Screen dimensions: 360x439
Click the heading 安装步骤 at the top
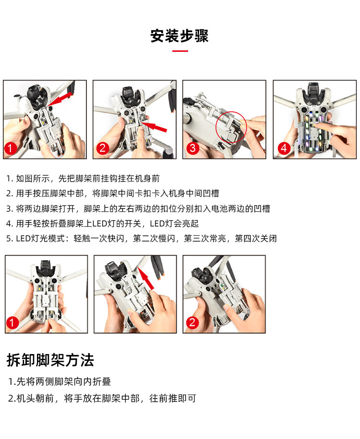point(180,36)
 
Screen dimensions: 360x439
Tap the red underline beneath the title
point(180,51)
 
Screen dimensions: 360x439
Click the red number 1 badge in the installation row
point(11,148)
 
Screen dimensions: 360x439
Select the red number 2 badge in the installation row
point(103,148)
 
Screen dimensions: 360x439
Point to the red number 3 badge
point(193,148)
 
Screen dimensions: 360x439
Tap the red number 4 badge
point(284,148)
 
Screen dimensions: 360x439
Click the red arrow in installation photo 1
point(60,99)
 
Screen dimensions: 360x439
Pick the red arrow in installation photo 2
point(154,127)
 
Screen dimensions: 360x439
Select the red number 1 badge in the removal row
point(12,322)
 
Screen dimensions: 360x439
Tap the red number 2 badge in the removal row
point(192,322)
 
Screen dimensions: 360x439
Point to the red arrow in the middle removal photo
point(146,278)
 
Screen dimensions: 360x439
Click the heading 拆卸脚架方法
point(50,360)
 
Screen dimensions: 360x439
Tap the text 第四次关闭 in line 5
point(256,238)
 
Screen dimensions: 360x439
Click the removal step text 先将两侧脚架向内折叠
point(63,381)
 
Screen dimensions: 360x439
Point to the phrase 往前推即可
point(173,398)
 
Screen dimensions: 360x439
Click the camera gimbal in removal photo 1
point(46,267)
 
